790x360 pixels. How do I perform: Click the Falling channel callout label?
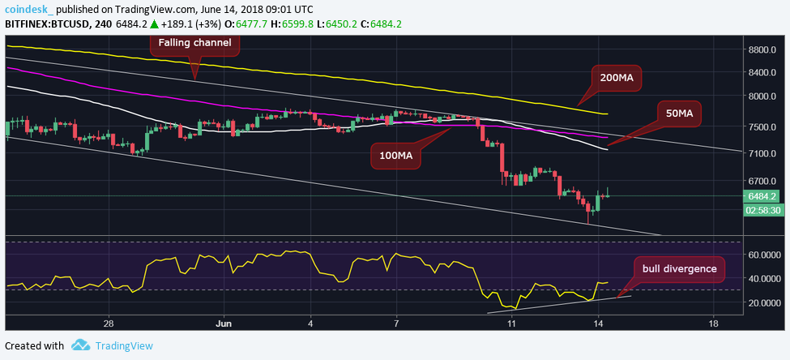[194, 42]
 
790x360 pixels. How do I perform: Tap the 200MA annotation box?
[616, 78]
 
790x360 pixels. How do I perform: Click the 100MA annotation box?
[396, 155]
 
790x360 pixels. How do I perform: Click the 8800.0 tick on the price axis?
[762, 49]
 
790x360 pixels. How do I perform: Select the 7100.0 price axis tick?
[762, 152]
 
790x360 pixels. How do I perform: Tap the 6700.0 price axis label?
[762, 182]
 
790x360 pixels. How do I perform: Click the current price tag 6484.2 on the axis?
[762, 196]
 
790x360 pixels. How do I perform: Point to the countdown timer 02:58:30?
[762, 210]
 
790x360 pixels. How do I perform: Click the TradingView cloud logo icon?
[80, 345]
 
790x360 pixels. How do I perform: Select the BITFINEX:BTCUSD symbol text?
[47, 24]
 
